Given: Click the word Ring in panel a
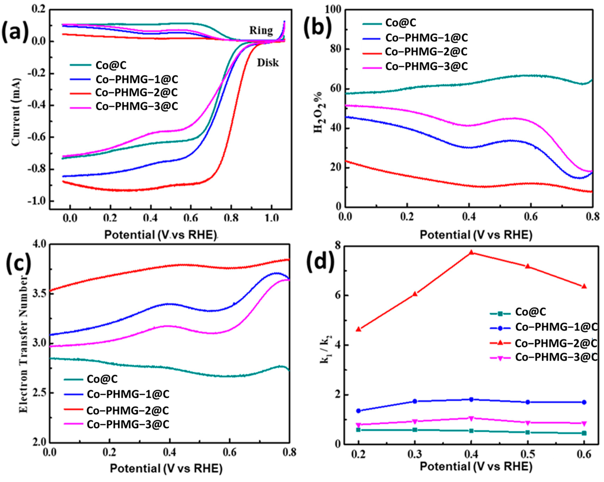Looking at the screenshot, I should [261, 30].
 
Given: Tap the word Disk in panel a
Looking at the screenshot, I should [268, 63].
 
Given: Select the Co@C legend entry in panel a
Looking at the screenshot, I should [111, 65].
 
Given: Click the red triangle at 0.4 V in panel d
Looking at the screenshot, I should [471, 252].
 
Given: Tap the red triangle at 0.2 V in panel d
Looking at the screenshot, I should [358, 329].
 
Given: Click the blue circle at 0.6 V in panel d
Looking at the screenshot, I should [584, 402].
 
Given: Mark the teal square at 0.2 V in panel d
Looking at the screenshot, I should [358, 430].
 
